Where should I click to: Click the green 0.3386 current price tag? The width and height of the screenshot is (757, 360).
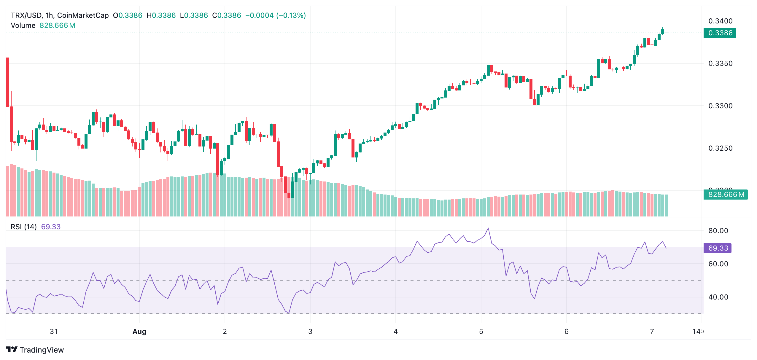[x=720, y=33]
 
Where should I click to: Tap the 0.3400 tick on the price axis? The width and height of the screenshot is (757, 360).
[x=720, y=21]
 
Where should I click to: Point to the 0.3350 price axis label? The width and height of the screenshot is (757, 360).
[x=720, y=63]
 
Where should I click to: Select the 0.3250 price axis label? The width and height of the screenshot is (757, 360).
[x=720, y=148]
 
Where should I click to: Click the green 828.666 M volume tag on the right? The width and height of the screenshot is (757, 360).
[x=726, y=195]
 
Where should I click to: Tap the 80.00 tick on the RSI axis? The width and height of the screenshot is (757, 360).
[x=718, y=231]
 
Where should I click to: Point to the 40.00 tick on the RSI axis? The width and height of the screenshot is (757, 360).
[x=718, y=297]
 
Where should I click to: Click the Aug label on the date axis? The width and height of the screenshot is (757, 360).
[x=139, y=332]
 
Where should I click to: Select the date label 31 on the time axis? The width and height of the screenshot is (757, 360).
[x=54, y=332]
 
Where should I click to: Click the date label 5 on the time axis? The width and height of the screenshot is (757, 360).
[x=481, y=332]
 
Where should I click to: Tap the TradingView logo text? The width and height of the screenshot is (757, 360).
[x=42, y=350]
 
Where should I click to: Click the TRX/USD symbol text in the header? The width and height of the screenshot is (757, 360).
[x=27, y=15]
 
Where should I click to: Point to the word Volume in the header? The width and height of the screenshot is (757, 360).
[x=23, y=26]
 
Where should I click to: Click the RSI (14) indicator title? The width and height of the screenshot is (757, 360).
[x=24, y=227]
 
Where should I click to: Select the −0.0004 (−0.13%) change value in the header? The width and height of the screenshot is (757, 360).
[x=275, y=15]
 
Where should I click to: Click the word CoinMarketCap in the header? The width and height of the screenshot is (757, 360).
[x=83, y=15]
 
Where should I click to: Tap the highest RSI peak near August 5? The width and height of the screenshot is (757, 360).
[x=488, y=228]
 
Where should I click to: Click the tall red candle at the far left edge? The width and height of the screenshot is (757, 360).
[x=8, y=82]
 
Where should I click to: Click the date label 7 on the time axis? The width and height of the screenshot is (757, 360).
[x=652, y=332]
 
